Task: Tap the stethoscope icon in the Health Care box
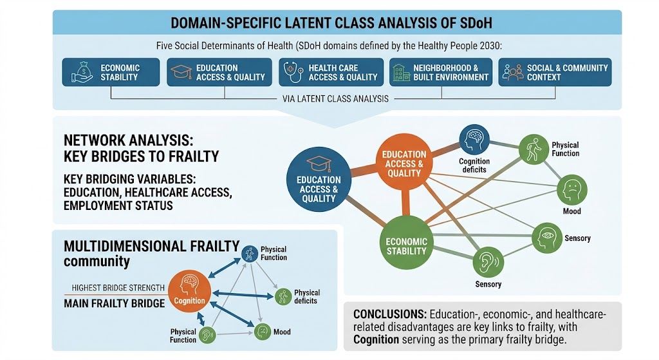[x=293, y=72]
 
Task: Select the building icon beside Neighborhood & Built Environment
[x=401, y=72]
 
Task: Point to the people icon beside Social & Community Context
[x=513, y=72]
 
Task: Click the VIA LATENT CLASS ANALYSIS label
[x=335, y=99]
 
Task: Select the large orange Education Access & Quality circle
[x=404, y=162]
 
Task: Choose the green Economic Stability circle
[x=406, y=243]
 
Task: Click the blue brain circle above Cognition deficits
[x=474, y=140]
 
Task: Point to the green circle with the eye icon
[x=547, y=238]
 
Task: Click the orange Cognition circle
[x=189, y=291]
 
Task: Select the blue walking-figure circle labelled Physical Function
[x=250, y=254]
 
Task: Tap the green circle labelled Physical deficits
[x=283, y=296]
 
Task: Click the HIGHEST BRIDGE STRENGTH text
[x=118, y=288]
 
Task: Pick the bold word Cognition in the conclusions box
[x=376, y=340]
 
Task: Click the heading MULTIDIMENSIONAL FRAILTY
[x=152, y=245]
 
